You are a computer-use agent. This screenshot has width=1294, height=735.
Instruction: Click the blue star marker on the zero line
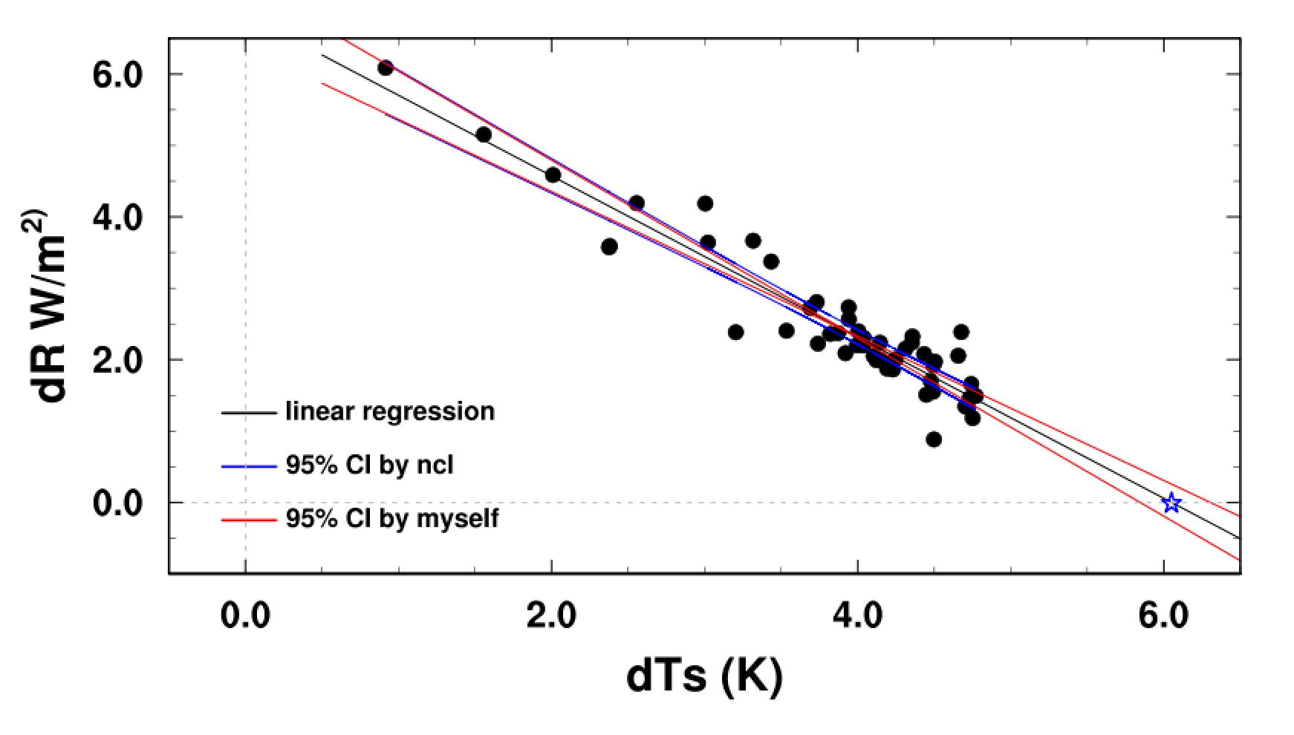tap(1171, 503)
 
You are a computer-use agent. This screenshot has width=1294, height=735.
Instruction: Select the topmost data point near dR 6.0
tap(385, 68)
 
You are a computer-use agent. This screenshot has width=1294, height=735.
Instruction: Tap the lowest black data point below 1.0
tap(934, 440)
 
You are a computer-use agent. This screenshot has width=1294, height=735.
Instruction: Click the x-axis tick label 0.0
tap(245, 617)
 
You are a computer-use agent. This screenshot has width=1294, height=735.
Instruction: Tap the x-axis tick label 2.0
tap(551, 617)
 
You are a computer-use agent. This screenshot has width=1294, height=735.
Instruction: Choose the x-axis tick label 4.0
tap(857, 617)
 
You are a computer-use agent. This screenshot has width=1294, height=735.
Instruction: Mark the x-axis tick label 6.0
tap(1163, 617)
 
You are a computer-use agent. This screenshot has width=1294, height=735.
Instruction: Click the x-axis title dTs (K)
tap(704, 676)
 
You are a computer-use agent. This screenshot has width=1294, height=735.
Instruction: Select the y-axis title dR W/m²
tap(53, 306)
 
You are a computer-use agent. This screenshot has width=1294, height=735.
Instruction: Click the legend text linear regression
tap(390, 411)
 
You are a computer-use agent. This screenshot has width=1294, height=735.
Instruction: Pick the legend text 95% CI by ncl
tap(369, 465)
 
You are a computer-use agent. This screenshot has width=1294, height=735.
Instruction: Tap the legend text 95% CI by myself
tap(392, 518)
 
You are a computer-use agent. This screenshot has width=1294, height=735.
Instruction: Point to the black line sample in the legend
tap(248, 412)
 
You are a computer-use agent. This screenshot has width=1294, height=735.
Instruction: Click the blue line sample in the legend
tap(248, 465)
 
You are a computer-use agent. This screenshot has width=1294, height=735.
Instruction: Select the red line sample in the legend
tap(248, 519)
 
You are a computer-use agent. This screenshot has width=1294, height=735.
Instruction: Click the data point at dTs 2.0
tap(553, 174)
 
